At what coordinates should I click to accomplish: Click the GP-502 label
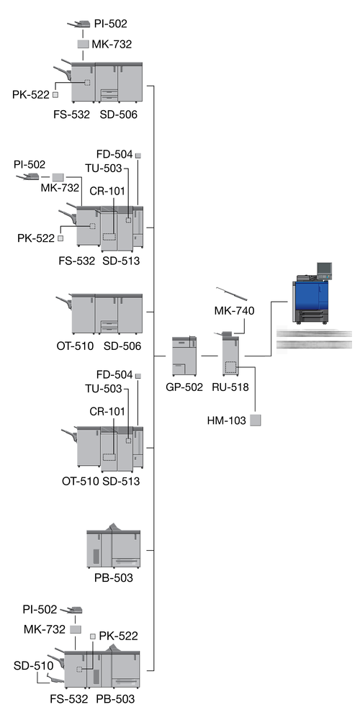pyautogui.click(x=184, y=387)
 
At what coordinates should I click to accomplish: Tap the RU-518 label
pyautogui.click(x=230, y=387)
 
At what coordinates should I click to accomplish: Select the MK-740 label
pyautogui.click(x=234, y=311)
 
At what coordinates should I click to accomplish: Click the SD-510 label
pyautogui.click(x=33, y=665)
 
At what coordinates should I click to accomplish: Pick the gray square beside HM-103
pyautogui.click(x=256, y=420)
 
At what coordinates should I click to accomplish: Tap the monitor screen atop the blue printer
pyautogui.click(x=324, y=269)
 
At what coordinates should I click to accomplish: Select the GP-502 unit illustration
pyautogui.click(x=184, y=356)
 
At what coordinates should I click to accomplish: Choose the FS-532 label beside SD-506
pyautogui.click(x=71, y=114)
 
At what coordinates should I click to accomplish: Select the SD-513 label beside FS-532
pyautogui.click(x=121, y=261)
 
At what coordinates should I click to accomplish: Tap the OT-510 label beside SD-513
pyautogui.click(x=81, y=481)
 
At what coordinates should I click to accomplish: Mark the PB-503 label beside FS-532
pyautogui.click(x=115, y=699)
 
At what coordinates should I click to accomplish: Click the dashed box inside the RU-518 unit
pyautogui.click(x=230, y=367)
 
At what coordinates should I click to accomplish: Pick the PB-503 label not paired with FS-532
pyautogui.click(x=114, y=577)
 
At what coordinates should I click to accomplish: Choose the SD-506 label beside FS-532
pyautogui.click(x=119, y=114)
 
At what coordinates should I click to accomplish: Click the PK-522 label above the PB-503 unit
pyautogui.click(x=119, y=636)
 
